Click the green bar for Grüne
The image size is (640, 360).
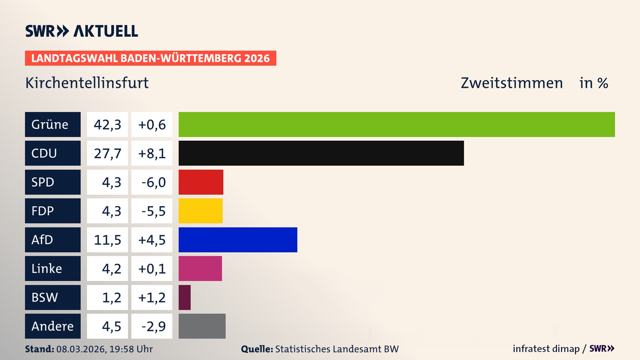click(x=397, y=124)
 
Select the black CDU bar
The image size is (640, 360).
click(x=321, y=153)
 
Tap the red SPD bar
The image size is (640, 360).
click(x=201, y=182)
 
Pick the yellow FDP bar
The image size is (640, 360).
click(x=200, y=211)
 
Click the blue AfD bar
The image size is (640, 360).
click(x=238, y=240)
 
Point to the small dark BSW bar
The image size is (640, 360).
click(x=184, y=297)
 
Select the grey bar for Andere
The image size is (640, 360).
click(x=202, y=326)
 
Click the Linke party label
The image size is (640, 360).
click(x=53, y=268)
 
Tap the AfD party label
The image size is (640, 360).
click(x=53, y=240)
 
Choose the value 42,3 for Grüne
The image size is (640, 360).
click(x=107, y=124)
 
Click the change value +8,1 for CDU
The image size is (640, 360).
click(x=152, y=153)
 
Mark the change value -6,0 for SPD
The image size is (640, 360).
click(x=152, y=182)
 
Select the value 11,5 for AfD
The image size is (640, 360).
click(x=107, y=240)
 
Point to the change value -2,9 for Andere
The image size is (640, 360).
click(x=152, y=326)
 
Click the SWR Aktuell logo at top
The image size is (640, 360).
click(x=82, y=31)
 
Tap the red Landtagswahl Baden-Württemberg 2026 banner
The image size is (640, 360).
click(x=150, y=58)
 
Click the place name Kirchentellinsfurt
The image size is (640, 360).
click(x=87, y=83)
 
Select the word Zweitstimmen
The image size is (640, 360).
click(x=512, y=83)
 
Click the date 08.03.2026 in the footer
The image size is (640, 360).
click(x=81, y=349)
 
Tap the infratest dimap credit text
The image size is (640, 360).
click(x=546, y=349)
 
